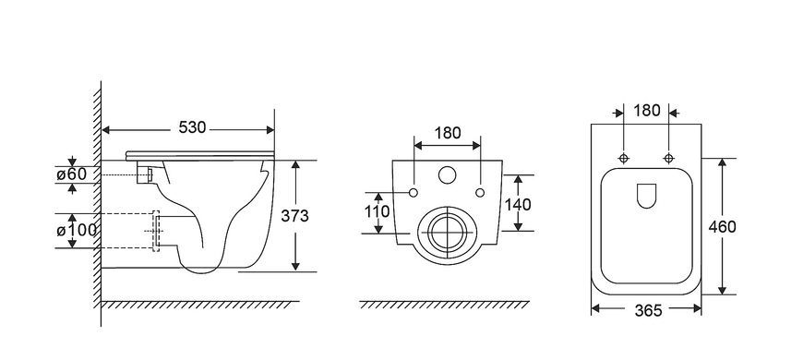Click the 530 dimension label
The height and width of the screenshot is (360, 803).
coord(192,127)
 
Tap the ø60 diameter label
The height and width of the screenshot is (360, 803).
coord(71,174)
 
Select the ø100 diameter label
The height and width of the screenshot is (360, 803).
coord(77,231)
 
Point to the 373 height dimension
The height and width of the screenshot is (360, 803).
coord(294,216)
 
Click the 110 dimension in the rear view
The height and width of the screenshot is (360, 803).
coord(378,211)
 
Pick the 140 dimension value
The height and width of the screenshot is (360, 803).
coord(518,205)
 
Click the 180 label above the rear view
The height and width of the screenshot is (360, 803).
coord(448,133)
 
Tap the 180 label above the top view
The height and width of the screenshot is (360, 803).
coord(647,111)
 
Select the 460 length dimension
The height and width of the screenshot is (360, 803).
coord(722,227)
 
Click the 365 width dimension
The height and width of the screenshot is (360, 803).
coord(648,310)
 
